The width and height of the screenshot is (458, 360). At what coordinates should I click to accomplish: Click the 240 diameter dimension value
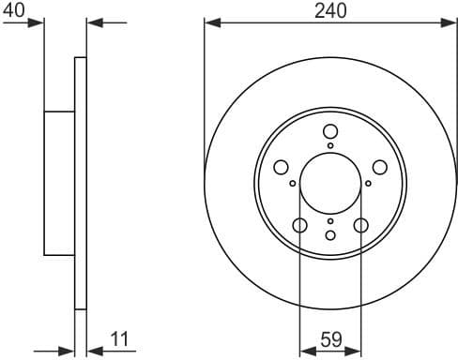coord(331,10)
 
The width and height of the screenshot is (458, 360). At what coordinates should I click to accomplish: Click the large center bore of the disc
coord(330,183)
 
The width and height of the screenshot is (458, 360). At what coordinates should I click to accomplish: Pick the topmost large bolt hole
coord(330,132)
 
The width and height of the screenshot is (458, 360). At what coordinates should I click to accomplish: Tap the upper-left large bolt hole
coord(281,167)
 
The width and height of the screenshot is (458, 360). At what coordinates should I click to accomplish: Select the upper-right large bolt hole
coord(380,167)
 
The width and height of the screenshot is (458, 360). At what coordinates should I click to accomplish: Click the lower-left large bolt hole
coord(300,225)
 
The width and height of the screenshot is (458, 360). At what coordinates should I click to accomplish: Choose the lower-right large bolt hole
coord(361,225)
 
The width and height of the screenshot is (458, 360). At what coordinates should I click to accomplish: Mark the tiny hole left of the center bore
coord(293,184)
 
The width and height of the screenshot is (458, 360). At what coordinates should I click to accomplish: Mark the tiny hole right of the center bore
coord(368,184)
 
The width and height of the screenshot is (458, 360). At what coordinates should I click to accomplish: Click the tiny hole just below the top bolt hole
coord(330,146)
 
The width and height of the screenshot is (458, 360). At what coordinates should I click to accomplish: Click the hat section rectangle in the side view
coord(59,183)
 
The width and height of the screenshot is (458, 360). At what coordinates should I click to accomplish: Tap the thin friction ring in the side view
coord(81,183)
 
